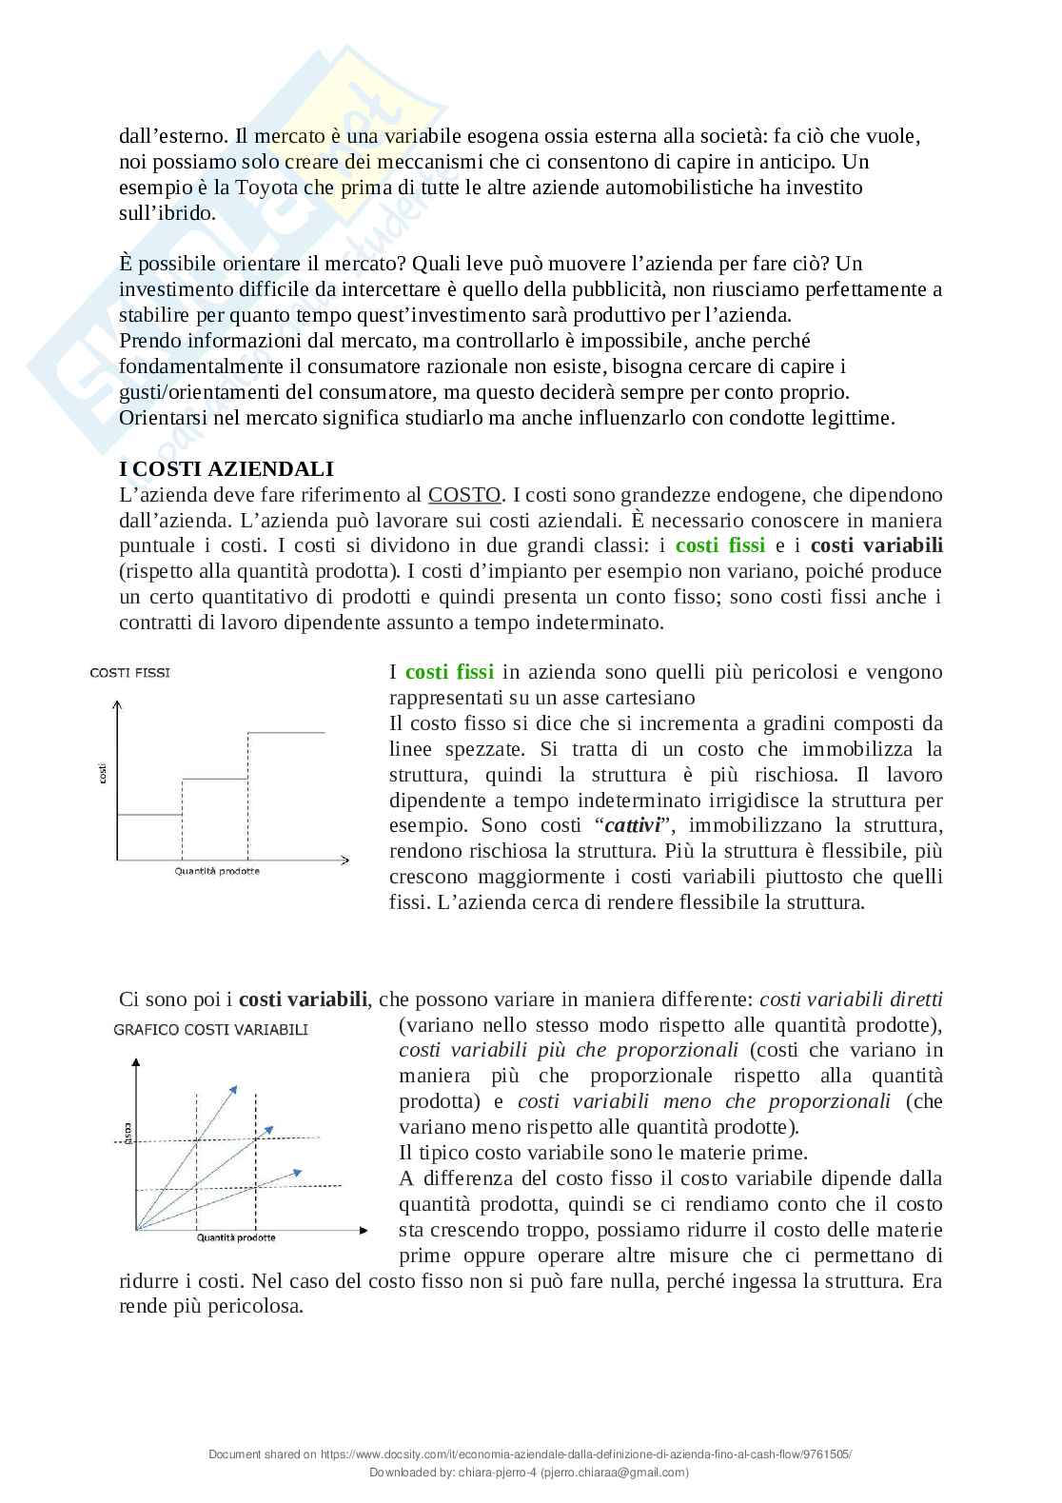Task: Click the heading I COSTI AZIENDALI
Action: coord(226,469)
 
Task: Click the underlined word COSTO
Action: coord(464,495)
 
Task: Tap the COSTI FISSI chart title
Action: coord(130,672)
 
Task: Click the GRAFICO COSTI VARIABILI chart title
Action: coord(210,1029)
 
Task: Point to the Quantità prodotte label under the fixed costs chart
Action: coord(217,871)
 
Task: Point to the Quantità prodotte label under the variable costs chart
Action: coord(236,1237)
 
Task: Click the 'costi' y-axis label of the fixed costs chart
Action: coord(103,774)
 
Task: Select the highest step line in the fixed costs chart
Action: coord(285,732)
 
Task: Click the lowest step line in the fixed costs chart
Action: coord(148,814)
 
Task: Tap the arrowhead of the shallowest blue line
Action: coord(299,1171)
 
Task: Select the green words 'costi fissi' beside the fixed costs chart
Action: coord(449,672)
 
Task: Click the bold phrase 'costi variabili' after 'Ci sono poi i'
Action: coord(303,999)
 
